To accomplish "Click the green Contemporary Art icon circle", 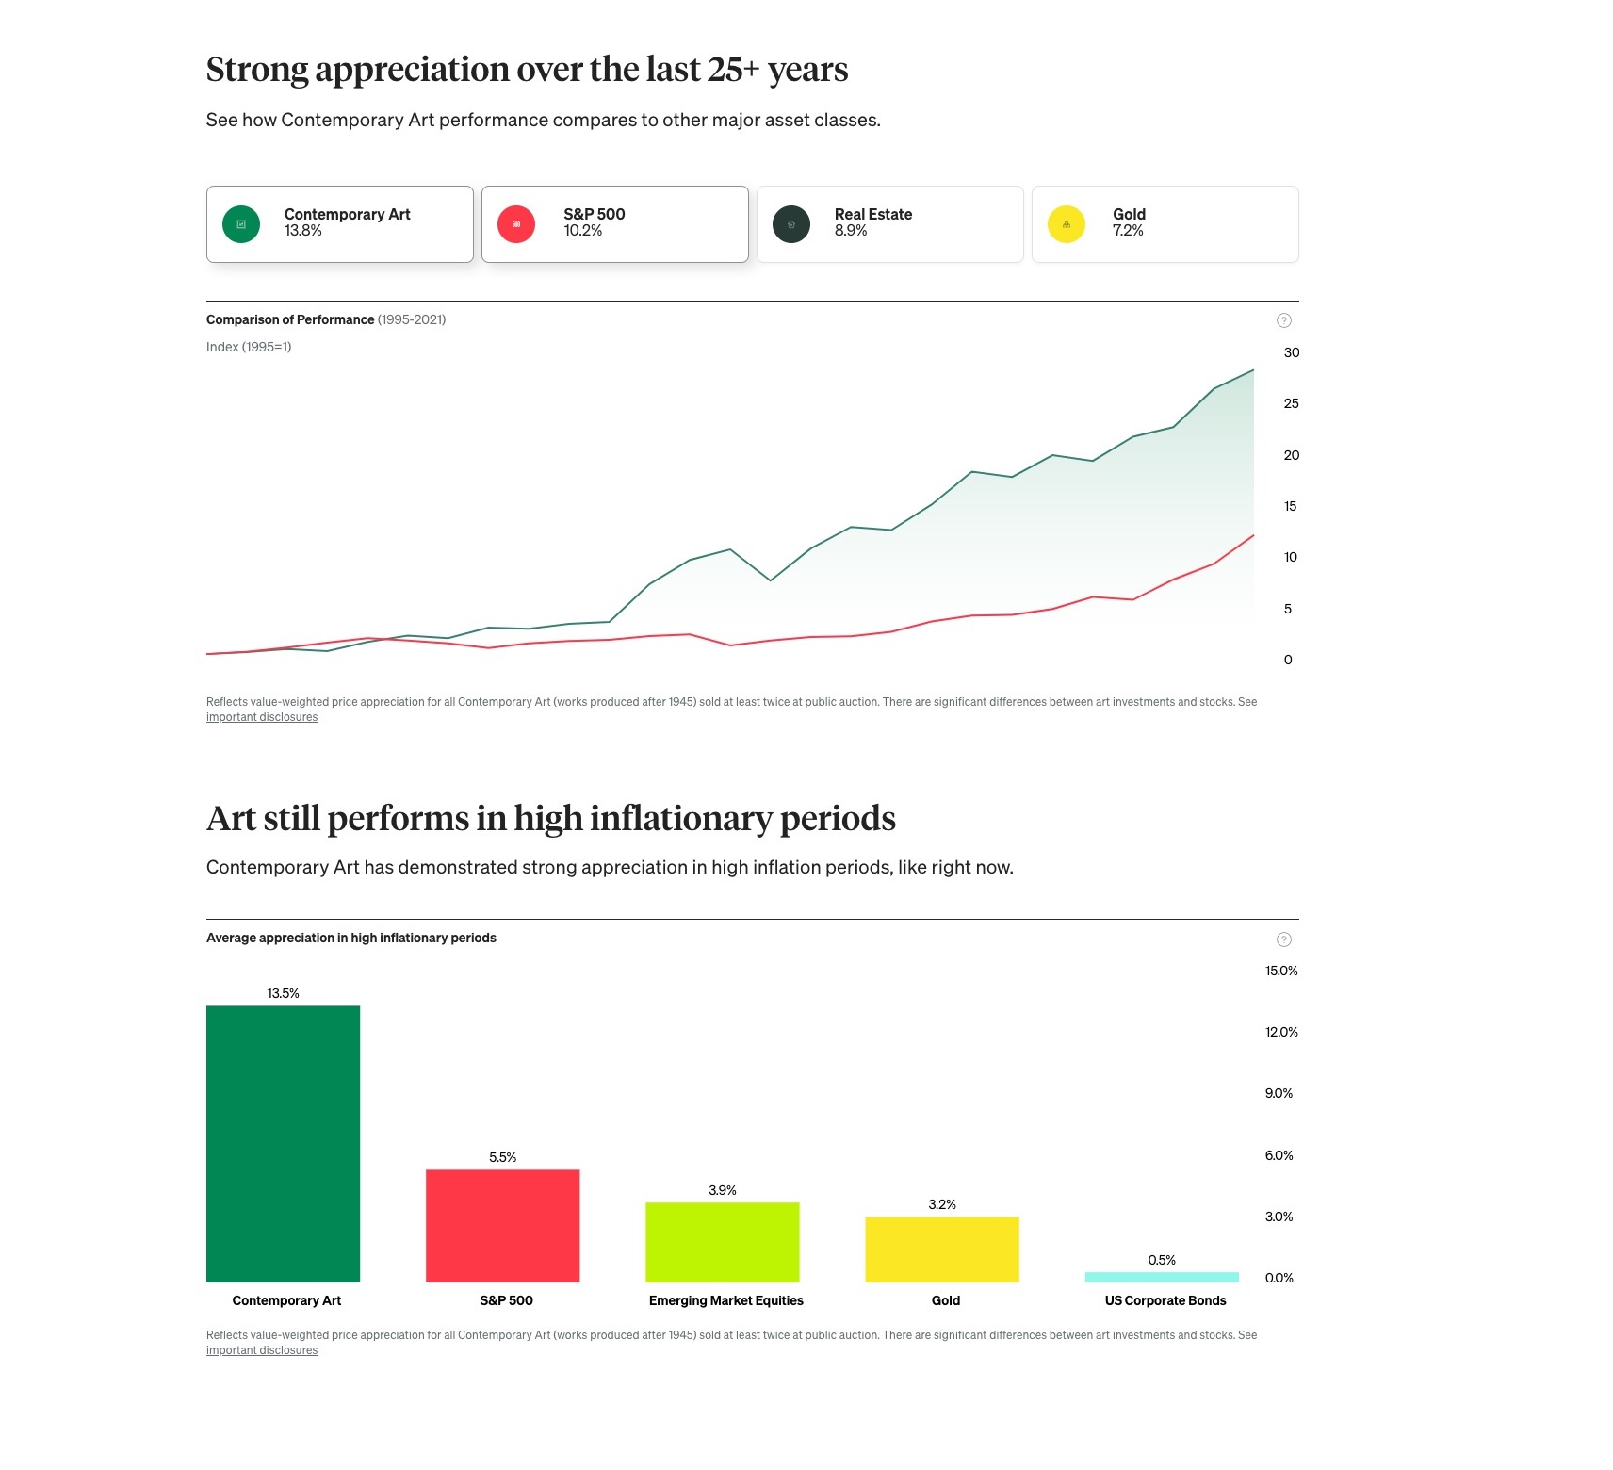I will point(241,224).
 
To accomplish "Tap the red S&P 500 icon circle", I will point(516,224).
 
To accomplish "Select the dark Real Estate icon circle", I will point(791,224).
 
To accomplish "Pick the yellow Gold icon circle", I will point(1067,224).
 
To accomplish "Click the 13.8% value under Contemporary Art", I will point(303,231).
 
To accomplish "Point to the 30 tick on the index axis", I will point(1291,352).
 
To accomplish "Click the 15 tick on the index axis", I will point(1290,506).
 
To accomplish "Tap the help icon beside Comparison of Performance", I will point(1283,320).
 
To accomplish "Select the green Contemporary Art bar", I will point(283,1144).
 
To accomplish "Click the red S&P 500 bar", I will point(502,1226).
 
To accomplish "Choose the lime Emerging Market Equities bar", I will point(722,1242).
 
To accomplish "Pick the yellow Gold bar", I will point(942,1249).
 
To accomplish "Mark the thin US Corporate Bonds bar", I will point(1162,1277).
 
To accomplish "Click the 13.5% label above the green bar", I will point(283,993).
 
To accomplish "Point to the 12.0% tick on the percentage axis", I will point(1281,1032).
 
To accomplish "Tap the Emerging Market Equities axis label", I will point(725,1300).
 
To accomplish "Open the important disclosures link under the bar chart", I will point(262,1350).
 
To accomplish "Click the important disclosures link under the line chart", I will point(262,717).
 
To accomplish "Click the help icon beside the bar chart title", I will point(1283,939).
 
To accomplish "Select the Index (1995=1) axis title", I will point(249,347).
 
